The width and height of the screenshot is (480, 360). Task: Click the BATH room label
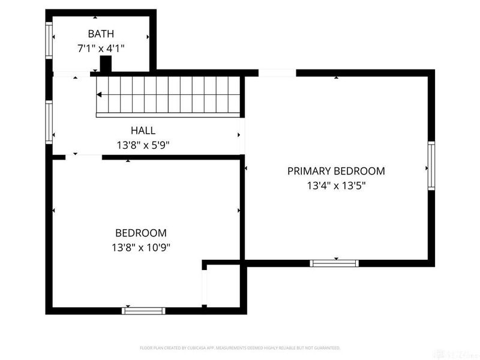click(101, 34)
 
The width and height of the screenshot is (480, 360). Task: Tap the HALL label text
click(143, 130)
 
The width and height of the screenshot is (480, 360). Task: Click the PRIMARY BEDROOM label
click(336, 171)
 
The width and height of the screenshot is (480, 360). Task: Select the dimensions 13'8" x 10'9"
click(141, 247)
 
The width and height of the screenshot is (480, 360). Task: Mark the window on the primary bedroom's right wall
click(431, 166)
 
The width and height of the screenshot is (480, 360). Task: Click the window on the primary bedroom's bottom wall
click(334, 263)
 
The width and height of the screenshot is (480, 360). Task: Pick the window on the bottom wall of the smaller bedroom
click(143, 310)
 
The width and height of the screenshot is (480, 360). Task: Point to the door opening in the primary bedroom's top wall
click(277, 73)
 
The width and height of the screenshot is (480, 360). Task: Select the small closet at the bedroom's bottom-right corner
click(223, 287)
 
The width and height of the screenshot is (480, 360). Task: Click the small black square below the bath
click(106, 64)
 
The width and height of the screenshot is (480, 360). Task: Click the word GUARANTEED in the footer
click(326, 347)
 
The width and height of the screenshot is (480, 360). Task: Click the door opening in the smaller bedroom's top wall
click(84, 157)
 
